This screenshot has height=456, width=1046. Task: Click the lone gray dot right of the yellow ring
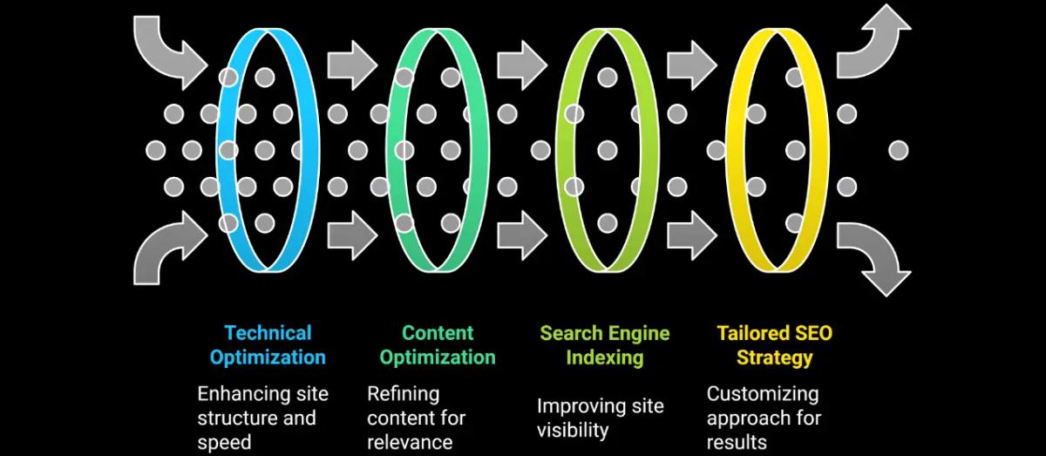click(x=899, y=150)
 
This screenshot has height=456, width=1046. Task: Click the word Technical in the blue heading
click(x=268, y=333)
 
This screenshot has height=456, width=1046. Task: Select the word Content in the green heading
click(x=438, y=333)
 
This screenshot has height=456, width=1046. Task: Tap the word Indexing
click(x=604, y=357)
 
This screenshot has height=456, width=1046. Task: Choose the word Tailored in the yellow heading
click(x=754, y=333)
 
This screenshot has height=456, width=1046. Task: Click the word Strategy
click(x=774, y=357)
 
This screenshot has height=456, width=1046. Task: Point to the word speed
click(x=224, y=441)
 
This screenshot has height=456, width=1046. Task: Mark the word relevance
click(x=410, y=441)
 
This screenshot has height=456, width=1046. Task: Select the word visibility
click(x=573, y=430)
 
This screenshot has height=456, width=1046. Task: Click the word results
click(x=737, y=441)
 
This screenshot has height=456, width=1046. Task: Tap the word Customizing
click(x=762, y=394)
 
